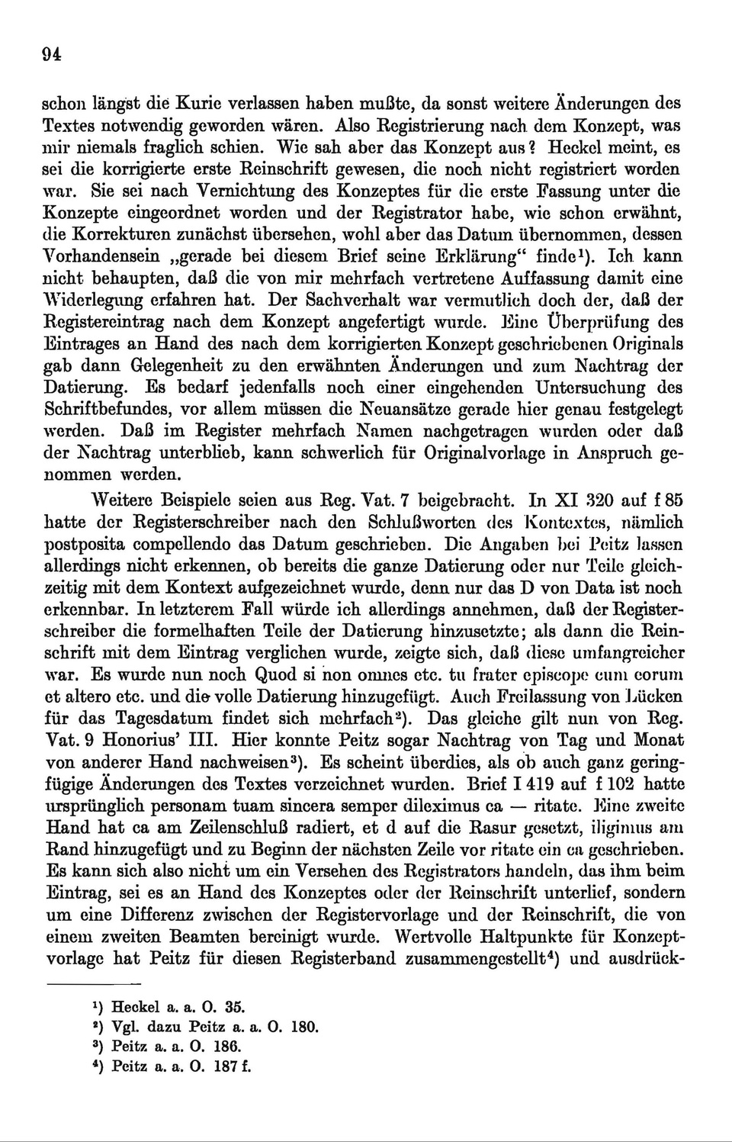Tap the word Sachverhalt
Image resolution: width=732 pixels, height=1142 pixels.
tap(429, 300)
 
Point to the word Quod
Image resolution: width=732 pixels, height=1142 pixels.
tap(281, 674)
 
